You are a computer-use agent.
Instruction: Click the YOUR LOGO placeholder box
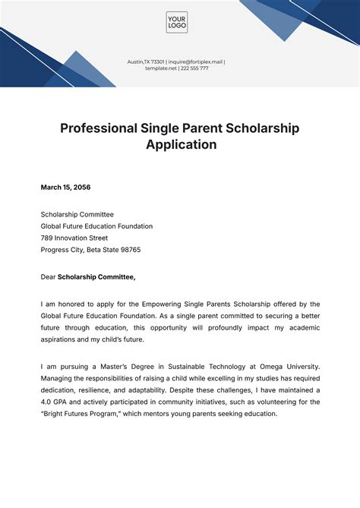[176, 22]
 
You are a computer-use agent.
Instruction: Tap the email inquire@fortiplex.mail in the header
[195, 62]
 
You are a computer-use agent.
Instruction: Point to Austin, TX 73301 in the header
[147, 62]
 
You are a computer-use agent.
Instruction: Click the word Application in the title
[181, 145]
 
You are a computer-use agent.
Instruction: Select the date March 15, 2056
[65, 187]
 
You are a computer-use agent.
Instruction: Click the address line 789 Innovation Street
[80, 238]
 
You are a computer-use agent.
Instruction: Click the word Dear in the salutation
[48, 277]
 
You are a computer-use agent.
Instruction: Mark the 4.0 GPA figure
[57, 402]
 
